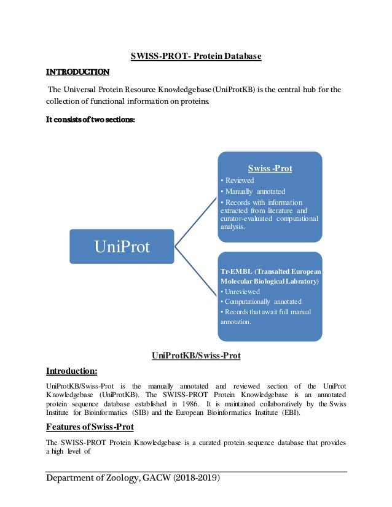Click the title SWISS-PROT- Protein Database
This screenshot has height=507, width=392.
tap(196, 56)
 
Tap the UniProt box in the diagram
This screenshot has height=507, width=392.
tap(122, 247)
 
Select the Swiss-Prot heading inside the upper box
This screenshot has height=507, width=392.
tap(270, 168)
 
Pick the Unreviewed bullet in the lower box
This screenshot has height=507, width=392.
tap(240, 291)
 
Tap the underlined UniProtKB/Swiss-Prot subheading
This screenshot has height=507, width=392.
tap(195, 355)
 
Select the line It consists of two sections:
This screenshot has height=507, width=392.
tap(90, 120)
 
